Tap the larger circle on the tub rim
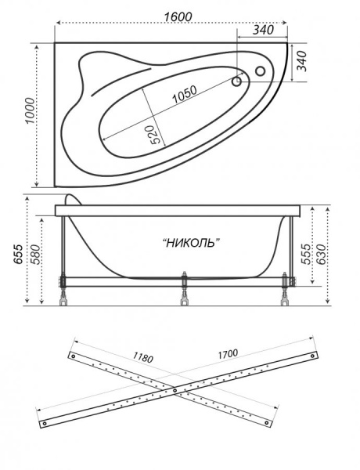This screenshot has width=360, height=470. (259, 72)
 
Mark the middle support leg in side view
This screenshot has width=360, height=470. (183, 290)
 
